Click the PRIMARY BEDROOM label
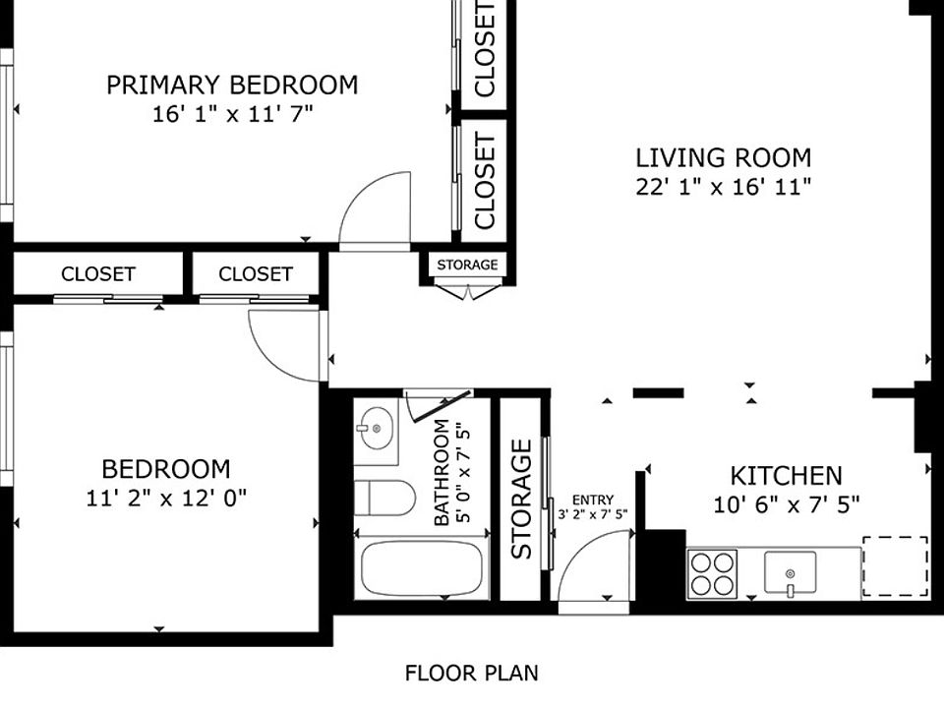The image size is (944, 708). pyautogui.click(x=232, y=85)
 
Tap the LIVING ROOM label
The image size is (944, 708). pyautogui.click(x=724, y=157)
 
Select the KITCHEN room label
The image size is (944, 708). pyautogui.click(x=787, y=476)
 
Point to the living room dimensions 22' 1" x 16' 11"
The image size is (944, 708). pyautogui.click(x=724, y=187)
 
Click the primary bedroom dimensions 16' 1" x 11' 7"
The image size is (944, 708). pyautogui.click(x=232, y=114)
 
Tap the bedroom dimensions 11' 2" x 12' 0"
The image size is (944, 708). pyautogui.click(x=166, y=498)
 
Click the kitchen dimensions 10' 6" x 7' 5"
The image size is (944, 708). pyautogui.click(x=787, y=504)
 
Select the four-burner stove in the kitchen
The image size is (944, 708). pyautogui.click(x=712, y=573)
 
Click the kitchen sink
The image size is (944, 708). pyautogui.click(x=790, y=573)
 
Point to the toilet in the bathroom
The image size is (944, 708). pyautogui.click(x=385, y=498)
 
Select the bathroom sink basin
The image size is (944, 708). pyautogui.click(x=376, y=428)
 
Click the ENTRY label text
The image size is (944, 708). pyautogui.click(x=593, y=500)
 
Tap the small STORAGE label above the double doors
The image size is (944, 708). pyautogui.click(x=467, y=265)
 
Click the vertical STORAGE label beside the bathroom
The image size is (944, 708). pyautogui.click(x=521, y=500)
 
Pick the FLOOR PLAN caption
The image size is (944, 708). pyautogui.click(x=471, y=673)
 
